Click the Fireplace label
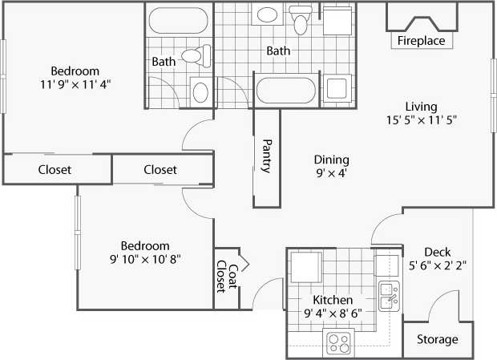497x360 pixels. pos(421,40)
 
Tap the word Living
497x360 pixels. pos(420,106)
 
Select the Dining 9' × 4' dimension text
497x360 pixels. pos(331,173)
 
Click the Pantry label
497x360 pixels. pos(267,156)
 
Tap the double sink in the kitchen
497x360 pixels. pos(389,296)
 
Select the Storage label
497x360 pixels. pos(438,339)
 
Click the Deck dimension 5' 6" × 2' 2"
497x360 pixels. pos(438,265)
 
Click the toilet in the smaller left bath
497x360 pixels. pos(196,56)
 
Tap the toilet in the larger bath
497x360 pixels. pos(301,18)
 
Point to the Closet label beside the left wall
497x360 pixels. pos(55,170)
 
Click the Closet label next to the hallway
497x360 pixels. pos(160,170)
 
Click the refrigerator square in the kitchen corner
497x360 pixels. pos(306,266)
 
